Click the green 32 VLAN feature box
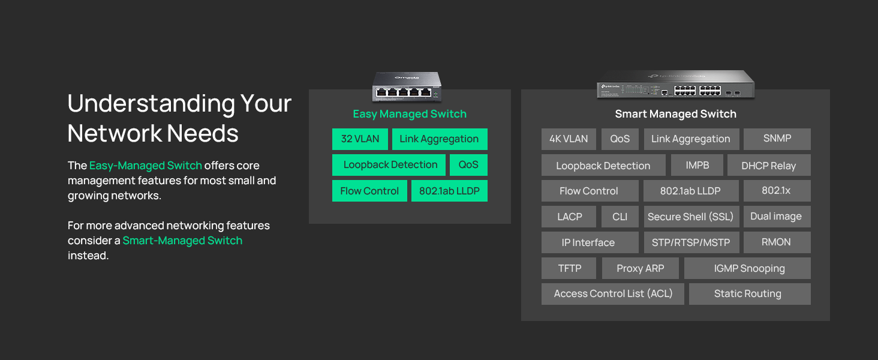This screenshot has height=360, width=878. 360,139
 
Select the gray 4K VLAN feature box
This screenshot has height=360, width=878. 569,139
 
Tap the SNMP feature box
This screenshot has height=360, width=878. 777,139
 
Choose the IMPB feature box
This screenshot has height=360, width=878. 697,165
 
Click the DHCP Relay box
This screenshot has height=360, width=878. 769,165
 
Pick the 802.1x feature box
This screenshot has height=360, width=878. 777,191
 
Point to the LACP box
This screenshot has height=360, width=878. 569,217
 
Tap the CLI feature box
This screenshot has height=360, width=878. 620,217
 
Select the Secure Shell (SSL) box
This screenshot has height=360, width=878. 691,217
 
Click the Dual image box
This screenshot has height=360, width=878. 777,217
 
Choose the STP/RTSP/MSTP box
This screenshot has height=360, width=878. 691,242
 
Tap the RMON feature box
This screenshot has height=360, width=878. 777,242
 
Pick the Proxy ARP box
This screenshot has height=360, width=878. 641,268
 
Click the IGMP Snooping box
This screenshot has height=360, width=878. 747,268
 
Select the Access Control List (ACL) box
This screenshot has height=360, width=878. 613,294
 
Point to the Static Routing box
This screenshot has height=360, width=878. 750,294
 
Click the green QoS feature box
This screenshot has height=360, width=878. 468,165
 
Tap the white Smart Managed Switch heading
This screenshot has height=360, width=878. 675,114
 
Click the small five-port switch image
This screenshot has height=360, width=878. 407,86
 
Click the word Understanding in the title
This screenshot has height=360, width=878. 151,104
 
